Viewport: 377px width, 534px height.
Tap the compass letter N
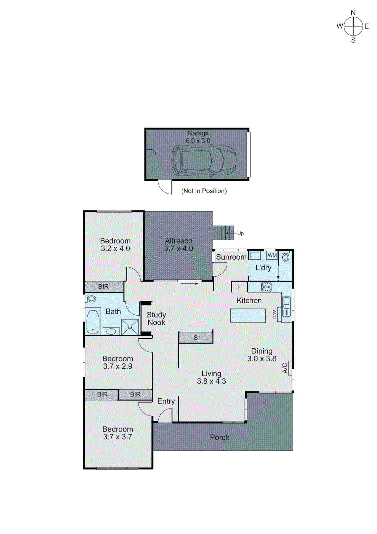(x=353, y=13)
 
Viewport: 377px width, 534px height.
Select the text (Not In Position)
(x=204, y=191)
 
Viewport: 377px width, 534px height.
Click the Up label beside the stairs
(x=240, y=233)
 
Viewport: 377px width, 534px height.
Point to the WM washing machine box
(x=272, y=255)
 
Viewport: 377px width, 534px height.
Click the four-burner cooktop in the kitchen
(x=266, y=287)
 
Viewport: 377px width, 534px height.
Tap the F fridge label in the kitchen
(x=240, y=287)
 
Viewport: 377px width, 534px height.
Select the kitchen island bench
(x=248, y=315)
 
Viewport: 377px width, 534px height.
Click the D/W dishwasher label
(x=275, y=314)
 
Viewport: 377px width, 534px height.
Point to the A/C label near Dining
(x=285, y=368)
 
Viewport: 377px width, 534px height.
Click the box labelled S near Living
(x=196, y=338)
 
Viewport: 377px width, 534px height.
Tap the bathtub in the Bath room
(x=93, y=321)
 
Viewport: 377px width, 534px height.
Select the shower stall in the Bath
(x=130, y=327)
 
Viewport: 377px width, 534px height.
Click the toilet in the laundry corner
(x=286, y=257)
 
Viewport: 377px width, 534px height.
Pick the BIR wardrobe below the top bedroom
(x=103, y=287)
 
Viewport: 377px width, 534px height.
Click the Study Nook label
(x=156, y=319)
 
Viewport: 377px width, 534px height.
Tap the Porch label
(x=219, y=437)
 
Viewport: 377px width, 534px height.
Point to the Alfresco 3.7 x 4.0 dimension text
(x=178, y=249)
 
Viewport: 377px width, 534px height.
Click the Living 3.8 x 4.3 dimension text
(x=211, y=381)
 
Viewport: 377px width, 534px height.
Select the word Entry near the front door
(x=166, y=401)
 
